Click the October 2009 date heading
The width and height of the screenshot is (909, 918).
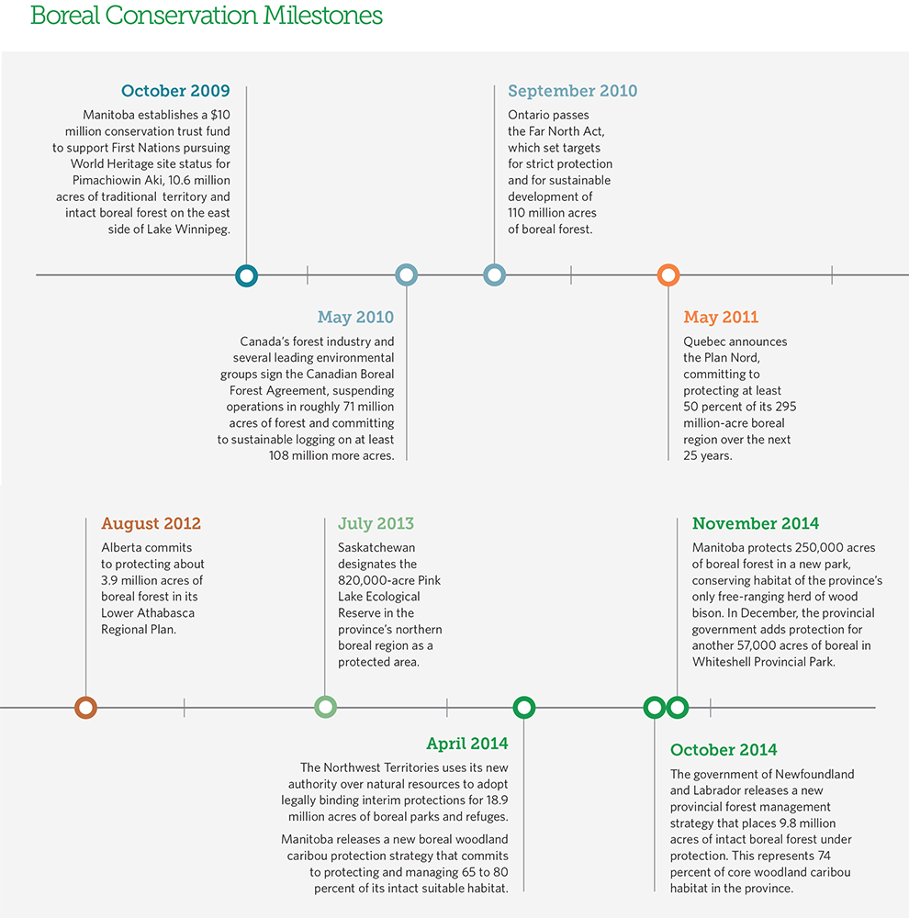(x=175, y=91)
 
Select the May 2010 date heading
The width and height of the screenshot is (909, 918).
(x=355, y=317)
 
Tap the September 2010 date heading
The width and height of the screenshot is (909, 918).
(x=572, y=91)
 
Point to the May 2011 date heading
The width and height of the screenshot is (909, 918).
(x=721, y=317)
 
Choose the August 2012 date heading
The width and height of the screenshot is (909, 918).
(x=151, y=523)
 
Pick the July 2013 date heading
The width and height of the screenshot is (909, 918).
(x=376, y=523)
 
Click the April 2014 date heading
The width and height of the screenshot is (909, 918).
(x=466, y=744)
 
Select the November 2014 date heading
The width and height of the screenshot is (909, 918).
(x=756, y=523)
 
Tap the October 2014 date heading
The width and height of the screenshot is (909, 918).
(x=724, y=749)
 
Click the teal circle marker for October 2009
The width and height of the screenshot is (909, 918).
(x=246, y=274)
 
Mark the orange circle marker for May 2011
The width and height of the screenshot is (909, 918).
(x=668, y=274)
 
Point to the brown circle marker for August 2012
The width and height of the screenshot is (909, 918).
(x=85, y=707)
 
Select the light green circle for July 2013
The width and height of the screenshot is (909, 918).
(x=325, y=707)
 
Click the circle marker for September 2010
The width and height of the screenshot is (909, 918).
(x=494, y=274)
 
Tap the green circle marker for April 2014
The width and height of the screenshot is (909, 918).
(x=523, y=707)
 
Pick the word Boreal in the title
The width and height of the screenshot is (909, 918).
(x=64, y=16)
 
